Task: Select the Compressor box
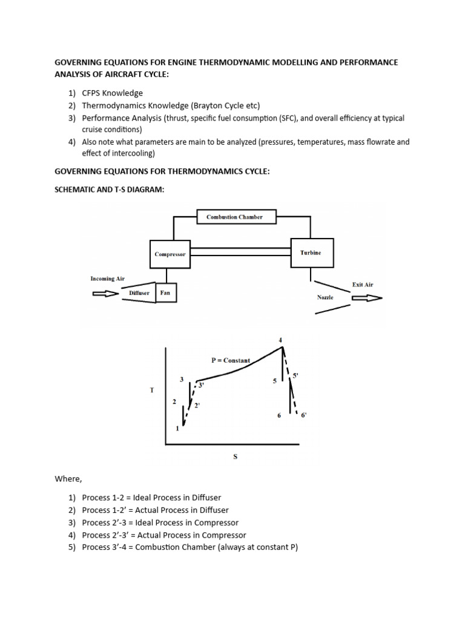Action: [170, 254]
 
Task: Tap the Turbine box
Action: [311, 253]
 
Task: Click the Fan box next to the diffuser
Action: [165, 293]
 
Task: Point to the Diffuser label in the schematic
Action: [139, 293]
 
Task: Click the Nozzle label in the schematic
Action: [325, 297]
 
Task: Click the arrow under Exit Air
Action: [366, 298]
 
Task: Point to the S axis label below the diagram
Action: [235, 457]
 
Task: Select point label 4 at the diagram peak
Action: [280, 340]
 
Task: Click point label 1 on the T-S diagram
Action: [177, 428]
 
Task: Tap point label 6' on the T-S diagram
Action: [303, 415]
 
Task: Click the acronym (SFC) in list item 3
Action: [292, 118]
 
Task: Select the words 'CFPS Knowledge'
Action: [112, 93]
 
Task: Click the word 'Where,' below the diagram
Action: [68, 479]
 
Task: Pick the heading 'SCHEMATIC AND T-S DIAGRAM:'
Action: [110, 190]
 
